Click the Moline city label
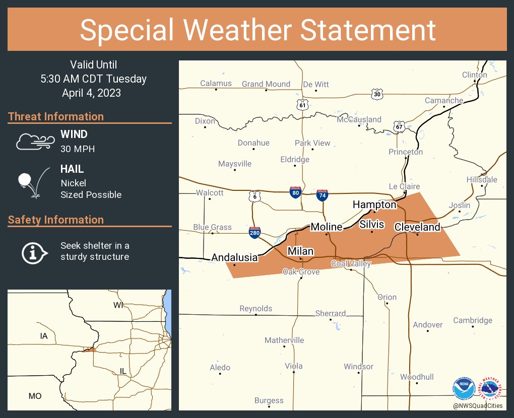[x=326, y=227]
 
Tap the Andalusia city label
[x=234, y=257]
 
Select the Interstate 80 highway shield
[x=296, y=192]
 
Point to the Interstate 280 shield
[x=254, y=232]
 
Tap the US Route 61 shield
[x=302, y=104]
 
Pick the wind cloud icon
[x=34, y=142]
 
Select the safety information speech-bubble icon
[x=34, y=252]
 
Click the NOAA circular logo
[x=464, y=388]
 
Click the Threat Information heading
[x=56, y=116]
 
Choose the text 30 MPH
[x=78, y=149]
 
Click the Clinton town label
[x=474, y=75]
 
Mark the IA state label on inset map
[x=44, y=335]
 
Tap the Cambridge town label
[x=472, y=320]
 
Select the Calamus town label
[x=216, y=83]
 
